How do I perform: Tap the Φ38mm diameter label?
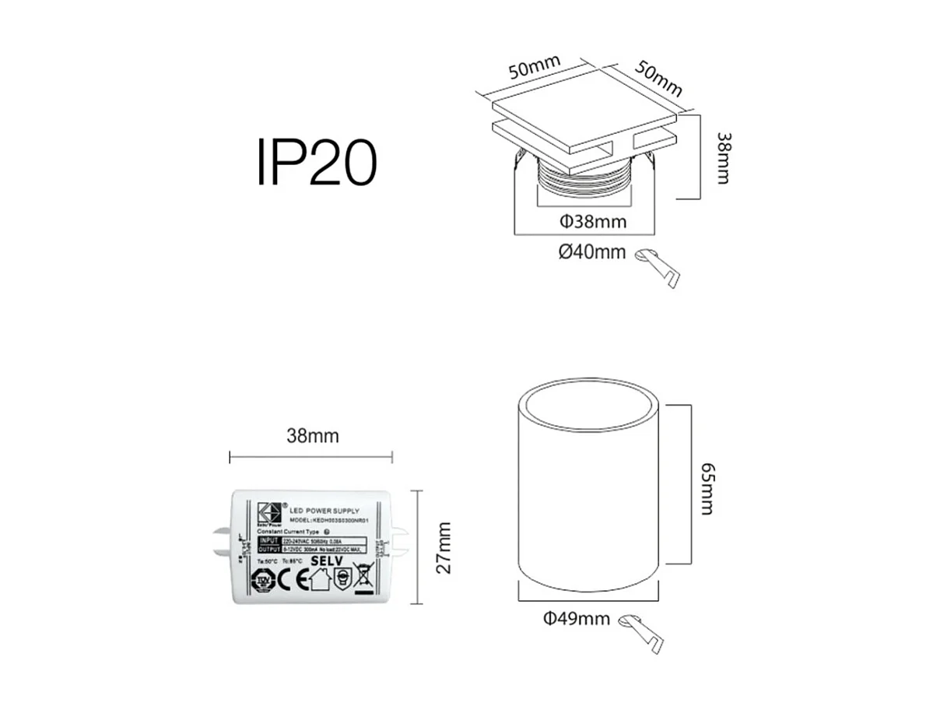coord(593,222)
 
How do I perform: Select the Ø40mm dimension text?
coord(592,252)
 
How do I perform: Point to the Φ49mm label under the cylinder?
coord(576,619)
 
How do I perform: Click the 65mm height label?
coord(707,488)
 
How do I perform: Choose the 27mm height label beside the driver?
coord(444,547)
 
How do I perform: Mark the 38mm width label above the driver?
coord(313,436)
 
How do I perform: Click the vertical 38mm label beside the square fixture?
coord(723,158)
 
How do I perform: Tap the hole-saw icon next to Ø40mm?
coord(660,266)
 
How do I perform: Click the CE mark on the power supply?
coord(286,580)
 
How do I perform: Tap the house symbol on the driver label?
coord(317,580)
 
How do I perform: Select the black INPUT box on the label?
coord(268,540)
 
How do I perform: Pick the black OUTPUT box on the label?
coord(268,550)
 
